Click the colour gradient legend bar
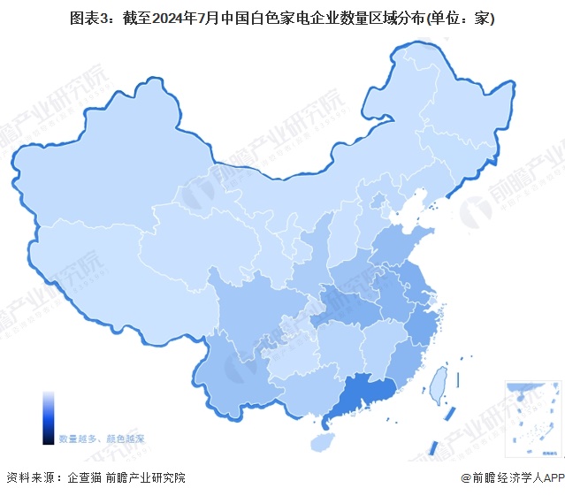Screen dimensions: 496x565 pos(48,417)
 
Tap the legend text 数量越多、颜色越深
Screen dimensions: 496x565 pos(102,439)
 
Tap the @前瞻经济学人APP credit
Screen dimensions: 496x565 pos(511,478)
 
